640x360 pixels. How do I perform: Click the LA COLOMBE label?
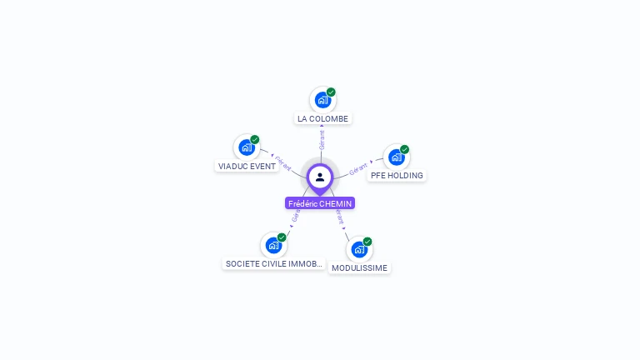322,119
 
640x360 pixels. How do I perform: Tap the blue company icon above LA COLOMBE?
322,100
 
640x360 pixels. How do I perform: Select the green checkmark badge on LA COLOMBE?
331,92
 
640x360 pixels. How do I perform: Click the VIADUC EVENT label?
247,166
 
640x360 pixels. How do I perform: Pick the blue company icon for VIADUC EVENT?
247,147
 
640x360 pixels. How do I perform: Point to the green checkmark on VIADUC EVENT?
255,140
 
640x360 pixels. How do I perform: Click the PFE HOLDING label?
397,176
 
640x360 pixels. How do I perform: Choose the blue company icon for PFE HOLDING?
397,157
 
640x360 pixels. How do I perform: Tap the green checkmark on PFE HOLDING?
405,149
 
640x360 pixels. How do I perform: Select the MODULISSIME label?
359,268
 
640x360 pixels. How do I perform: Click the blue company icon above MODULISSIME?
359,249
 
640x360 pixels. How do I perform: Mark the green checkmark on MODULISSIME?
367,242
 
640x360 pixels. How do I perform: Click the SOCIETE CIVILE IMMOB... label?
274,264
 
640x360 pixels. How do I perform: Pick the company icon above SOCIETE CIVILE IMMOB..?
273,245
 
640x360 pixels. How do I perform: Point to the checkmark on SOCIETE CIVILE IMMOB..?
282,237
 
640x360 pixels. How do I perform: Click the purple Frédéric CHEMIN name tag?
320,203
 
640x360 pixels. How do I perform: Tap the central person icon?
320,177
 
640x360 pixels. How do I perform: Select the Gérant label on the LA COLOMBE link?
322,139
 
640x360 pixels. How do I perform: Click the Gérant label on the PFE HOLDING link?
359,168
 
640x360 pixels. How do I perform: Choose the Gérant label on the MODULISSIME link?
339,218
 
